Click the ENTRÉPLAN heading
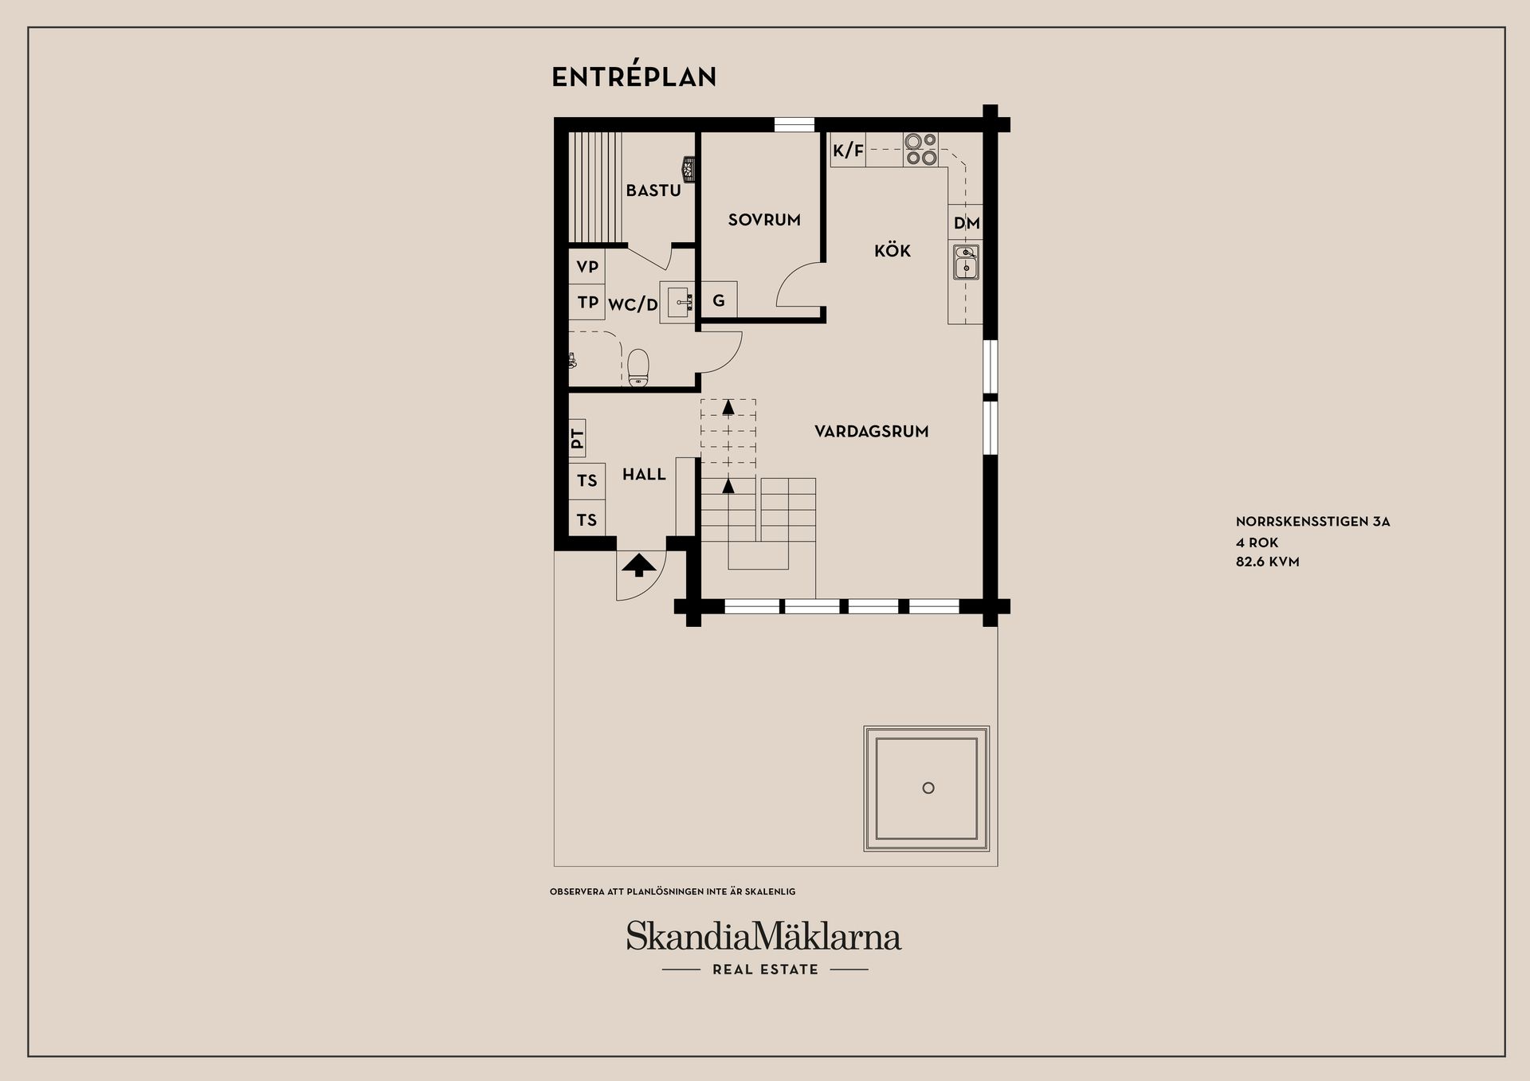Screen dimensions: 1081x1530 (x=634, y=77)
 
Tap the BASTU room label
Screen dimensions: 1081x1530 (x=653, y=190)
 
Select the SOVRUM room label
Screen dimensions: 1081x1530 (x=764, y=220)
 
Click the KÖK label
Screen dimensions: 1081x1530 (x=892, y=251)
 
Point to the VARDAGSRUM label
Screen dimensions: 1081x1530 (x=871, y=432)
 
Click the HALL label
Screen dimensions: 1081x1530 (x=644, y=475)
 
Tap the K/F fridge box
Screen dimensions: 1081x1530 (x=848, y=151)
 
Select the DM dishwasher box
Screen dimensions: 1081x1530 (x=966, y=223)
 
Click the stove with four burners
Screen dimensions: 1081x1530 (x=920, y=150)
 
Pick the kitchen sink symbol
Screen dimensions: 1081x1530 (x=966, y=262)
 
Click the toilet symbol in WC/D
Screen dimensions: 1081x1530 (x=638, y=368)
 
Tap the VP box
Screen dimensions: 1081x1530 (x=587, y=267)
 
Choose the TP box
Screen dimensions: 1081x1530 (x=587, y=303)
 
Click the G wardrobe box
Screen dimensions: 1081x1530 (x=719, y=301)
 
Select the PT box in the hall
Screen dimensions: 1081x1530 (x=578, y=438)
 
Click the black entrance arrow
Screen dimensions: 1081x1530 (x=638, y=566)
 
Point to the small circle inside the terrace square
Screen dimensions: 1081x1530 (x=928, y=788)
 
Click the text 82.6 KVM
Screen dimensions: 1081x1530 (x=1267, y=562)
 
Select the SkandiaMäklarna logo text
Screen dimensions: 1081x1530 (x=763, y=936)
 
